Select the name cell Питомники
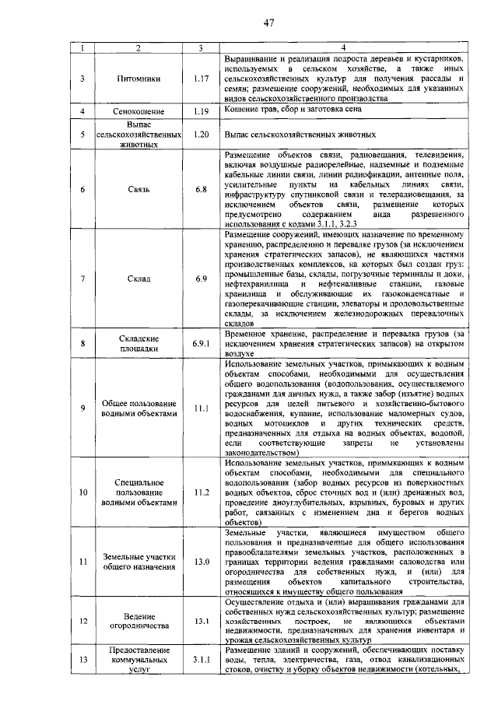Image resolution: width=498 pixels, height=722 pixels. [x=138, y=79]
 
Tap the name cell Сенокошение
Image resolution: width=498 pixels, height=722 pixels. [x=138, y=112]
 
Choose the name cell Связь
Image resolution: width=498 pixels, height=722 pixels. [x=138, y=189]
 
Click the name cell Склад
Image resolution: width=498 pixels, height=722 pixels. [x=138, y=278]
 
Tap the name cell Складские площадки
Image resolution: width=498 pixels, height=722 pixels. [x=138, y=343]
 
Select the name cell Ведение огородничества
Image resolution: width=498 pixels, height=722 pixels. [x=138, y=621]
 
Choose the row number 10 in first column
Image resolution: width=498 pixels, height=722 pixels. [x=83, y=492]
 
